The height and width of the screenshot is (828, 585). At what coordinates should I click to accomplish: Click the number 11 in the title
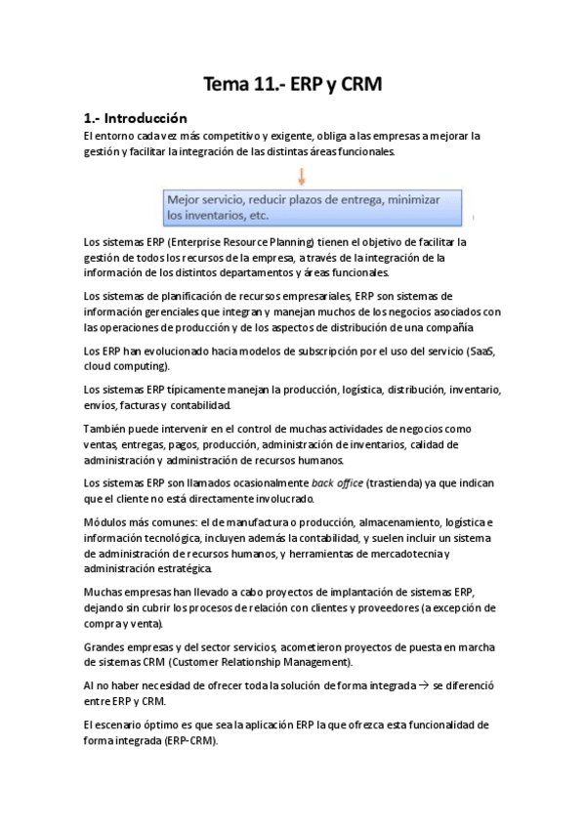pos(257,85)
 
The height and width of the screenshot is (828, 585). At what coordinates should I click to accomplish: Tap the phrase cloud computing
pos(126,366)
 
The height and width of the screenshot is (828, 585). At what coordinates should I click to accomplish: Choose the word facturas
pos(146,404)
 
